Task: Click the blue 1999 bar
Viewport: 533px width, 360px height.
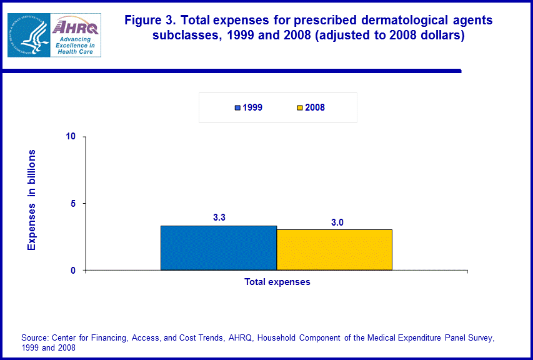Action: [x=218, y=247]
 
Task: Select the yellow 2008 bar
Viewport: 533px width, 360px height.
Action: [x=334, y=249]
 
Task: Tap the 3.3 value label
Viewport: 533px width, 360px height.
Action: [x=219, y=217]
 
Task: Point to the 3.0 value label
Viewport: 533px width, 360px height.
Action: [x=337, y=222]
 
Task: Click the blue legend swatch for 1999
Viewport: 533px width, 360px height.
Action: [x=237, y=107]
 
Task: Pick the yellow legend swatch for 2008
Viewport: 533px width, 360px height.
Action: [x=299, y=107]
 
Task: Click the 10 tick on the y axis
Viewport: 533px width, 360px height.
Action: [x=71, y=136]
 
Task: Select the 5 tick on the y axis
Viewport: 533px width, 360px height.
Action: [x=72, y=204]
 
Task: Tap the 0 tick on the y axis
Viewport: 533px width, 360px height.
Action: [x=72, y=271]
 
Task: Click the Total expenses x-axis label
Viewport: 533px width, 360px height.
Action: [x=277, y=282]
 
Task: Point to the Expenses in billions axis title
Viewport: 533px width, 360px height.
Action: [x=32, y=200]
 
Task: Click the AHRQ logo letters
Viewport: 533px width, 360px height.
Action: [x=76, y=27]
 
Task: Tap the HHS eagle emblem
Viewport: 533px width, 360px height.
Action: [x=28, y=35]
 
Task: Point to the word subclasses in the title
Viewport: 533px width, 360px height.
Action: [x=183, y=35]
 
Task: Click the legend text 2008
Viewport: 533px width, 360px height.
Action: [x=315, y=107]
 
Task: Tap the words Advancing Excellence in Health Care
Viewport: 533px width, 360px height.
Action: [x=74, y=45]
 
